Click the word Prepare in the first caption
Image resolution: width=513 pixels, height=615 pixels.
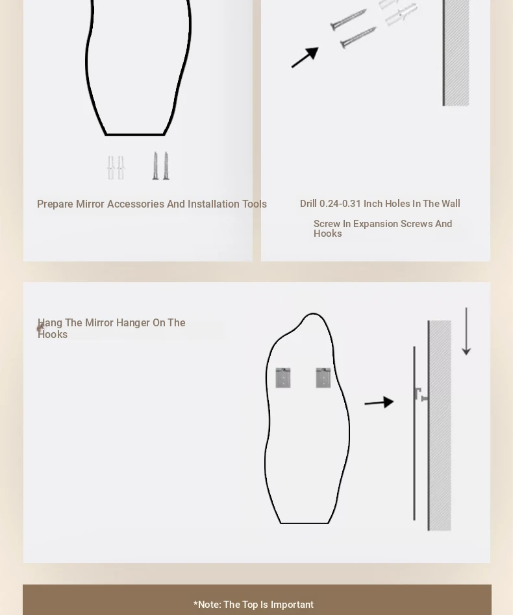tap(55, 204)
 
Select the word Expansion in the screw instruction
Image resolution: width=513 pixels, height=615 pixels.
tap(375, 224)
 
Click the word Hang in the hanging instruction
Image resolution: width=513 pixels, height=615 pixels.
tap(50, 323)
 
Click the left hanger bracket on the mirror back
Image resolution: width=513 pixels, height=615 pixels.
tap(283, 378)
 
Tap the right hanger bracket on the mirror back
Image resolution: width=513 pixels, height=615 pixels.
tap(323, 378)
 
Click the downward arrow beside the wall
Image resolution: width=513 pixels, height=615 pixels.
tap(466, 332)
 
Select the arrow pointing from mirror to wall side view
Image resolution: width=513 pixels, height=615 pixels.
tap(379, 402)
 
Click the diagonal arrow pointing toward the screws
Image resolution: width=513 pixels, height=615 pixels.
tap(305, 57)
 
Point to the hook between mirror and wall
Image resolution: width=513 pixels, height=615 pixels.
tap(421, 394)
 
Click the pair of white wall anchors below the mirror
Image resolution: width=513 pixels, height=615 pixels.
tap(116, 168)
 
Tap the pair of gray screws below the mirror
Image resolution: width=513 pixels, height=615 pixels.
tap(161, 166)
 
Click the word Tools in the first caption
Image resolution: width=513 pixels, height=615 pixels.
tap(255, 204)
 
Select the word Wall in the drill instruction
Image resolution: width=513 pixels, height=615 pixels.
tap(451, 204)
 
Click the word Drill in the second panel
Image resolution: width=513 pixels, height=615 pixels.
tap(308, 204)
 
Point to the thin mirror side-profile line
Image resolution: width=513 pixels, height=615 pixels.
tap(414, 433)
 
